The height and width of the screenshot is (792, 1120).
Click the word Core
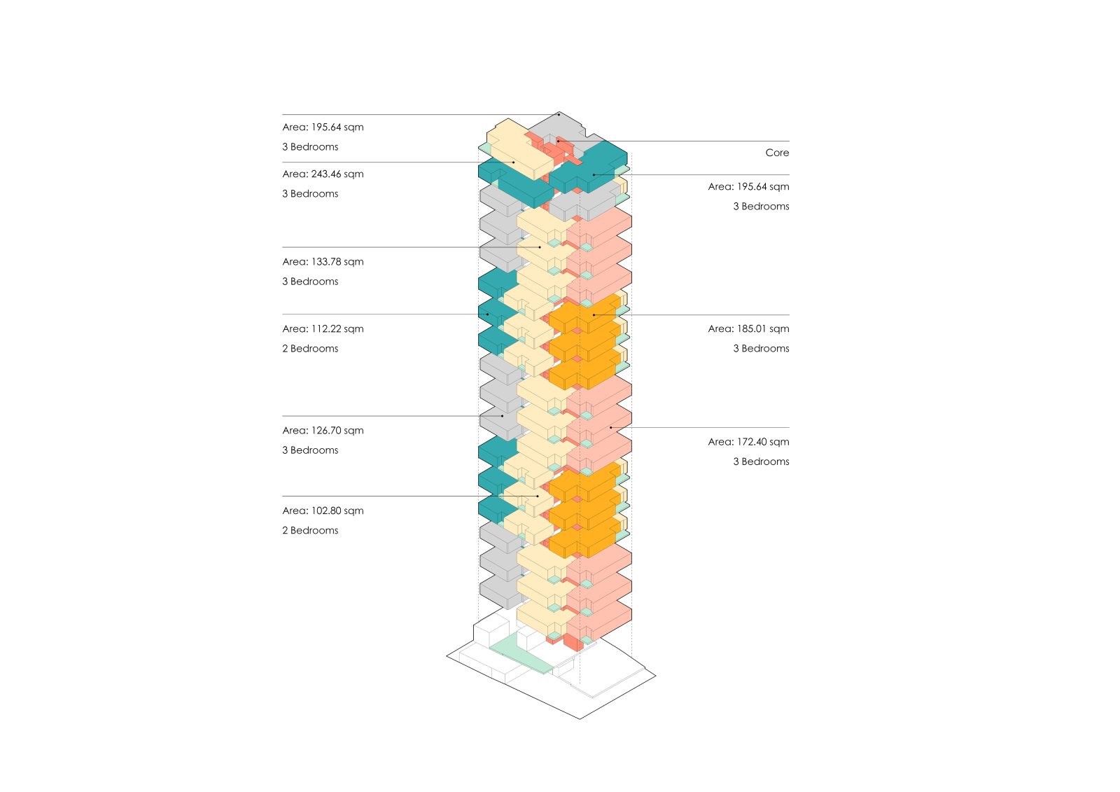point(777,153)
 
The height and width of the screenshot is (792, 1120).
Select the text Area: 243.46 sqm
point(323,174)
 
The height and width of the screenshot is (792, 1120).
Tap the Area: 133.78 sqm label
point(323,262)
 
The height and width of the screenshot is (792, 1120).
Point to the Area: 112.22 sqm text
point(323,329)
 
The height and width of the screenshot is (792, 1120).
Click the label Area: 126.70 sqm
point(323,431)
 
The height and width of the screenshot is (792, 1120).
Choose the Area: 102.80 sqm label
point(323,511)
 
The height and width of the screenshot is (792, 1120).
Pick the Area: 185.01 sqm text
point(748,329)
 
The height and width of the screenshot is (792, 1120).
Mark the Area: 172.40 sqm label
point(748,442)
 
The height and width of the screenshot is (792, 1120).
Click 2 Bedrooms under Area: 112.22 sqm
point(310,349)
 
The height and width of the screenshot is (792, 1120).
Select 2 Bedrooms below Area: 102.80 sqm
point(310,531)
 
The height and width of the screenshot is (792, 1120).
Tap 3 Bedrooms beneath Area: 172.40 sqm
point(761,461)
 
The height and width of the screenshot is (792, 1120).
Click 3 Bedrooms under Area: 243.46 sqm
point(310,194)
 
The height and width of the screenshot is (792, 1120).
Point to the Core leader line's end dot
point(558,141)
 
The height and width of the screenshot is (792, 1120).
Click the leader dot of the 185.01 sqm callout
point(594,314)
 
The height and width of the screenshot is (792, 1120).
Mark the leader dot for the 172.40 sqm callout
point(610,427)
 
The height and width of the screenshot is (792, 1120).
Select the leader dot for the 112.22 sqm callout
point(488,314)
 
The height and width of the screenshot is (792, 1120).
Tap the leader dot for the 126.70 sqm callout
point(502,416)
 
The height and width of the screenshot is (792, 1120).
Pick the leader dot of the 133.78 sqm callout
point(540,247)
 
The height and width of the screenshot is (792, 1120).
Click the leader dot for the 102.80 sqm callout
point(538,496)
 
